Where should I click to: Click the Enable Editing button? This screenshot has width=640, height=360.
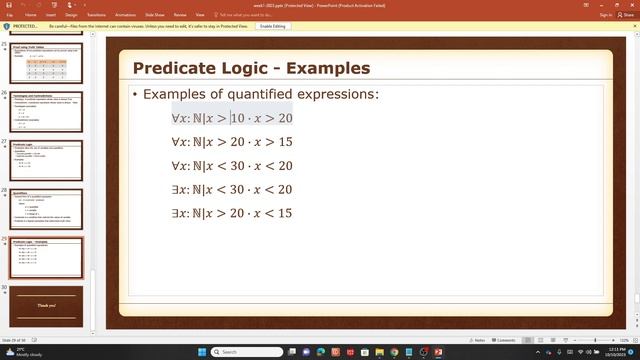pyautogui.click(x=274, y=26)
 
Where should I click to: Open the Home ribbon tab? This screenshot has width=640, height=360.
pyautogui.click(x=30, y=15)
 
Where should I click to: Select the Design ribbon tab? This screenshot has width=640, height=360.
pyautogui.click(x=70, y=15)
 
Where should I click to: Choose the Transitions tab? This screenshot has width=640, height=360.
pyautogui.click(x=96, y=15)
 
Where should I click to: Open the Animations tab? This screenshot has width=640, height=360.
pyautogui.click(x=125, y=15)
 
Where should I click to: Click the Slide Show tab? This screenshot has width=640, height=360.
pyautogui.click(x=154, y=15)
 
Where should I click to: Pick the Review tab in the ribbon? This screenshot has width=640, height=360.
pyautogui.click(x=180, y=15)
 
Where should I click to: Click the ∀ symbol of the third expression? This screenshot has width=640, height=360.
pyautogui.click(x=176, y=166)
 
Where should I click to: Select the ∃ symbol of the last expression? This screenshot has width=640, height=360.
pyautogui.click(x=176, y=213)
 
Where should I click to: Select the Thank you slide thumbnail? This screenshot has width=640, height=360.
pyautogui.click(x=47, y=304)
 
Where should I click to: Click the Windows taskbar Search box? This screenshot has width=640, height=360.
pyautogui.click(x=245, y=352)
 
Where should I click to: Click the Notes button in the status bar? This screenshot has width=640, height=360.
pyautogui.click(x=477, y=340)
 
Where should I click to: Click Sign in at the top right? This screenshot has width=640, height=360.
pyautogui.click(x=606, y=15)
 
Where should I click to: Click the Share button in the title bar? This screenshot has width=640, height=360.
pyautogui.click(x=627, y=15)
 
